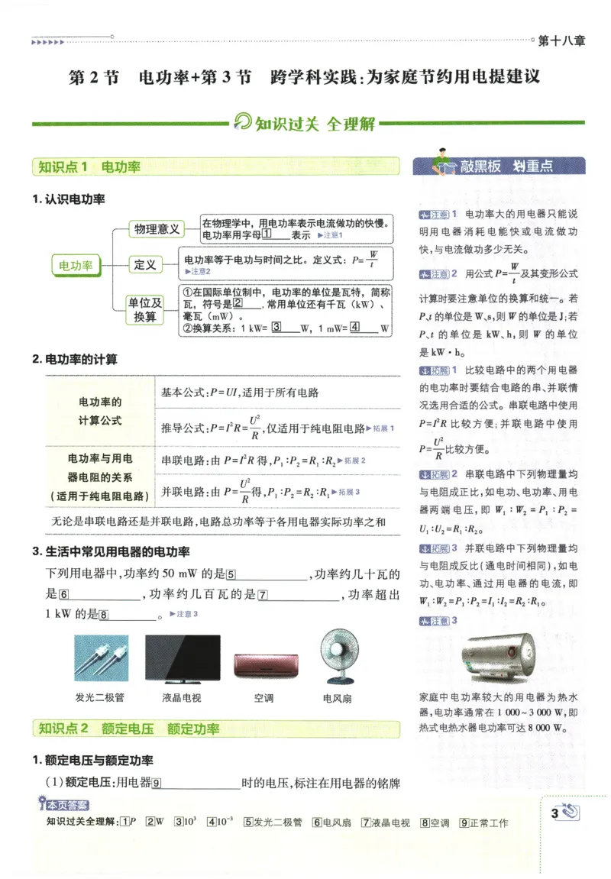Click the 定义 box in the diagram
pyautogui.click(x=145, y=265)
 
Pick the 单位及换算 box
pyautogui.click(x=145, y=310)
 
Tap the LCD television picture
pyautogui.click(x=182, y=659)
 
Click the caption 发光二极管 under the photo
pyautogui.click(x=99, y=697)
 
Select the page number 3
pyautogui.click(x=554, y=813)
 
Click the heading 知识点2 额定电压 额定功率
pyautogui.click(x=129, y=729)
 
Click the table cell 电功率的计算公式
pyautogui.click(x=100, y=412)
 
